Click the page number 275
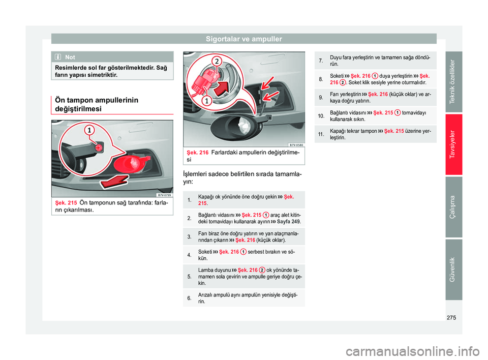451,318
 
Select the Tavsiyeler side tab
453,144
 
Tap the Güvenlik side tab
453,269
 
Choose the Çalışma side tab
453,207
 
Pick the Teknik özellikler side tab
453,81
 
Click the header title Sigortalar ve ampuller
243,39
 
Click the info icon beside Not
58,57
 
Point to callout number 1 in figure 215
89,130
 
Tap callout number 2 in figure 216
217,61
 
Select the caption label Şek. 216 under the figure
197,153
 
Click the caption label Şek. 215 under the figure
66,203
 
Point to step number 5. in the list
190,277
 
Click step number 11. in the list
321,134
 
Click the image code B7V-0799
164,195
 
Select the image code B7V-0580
296,145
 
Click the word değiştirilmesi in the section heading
78,109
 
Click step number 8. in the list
321,79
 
